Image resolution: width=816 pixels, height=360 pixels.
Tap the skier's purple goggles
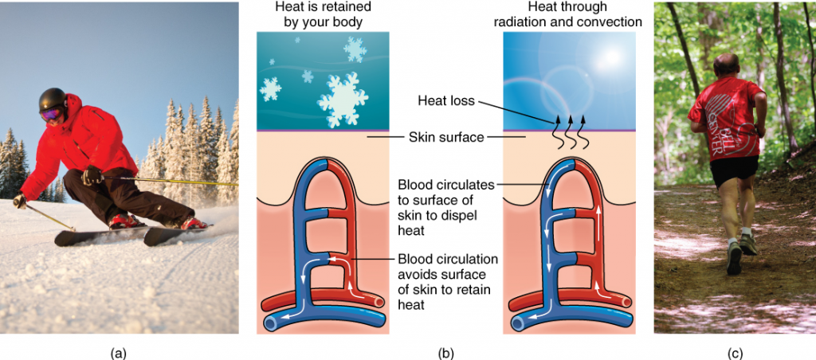pyautogui.click(x=49, y=115)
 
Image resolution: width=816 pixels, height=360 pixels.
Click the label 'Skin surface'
pyautogui.click(x=446, y=137)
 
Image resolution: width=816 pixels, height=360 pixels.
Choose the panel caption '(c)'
pyautogui.click(x=733, y=350)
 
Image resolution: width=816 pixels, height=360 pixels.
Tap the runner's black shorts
pyautogui.click(x=734, y=170)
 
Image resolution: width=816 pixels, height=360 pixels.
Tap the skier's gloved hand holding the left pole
pyautogui.click(x=19, y=200)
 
